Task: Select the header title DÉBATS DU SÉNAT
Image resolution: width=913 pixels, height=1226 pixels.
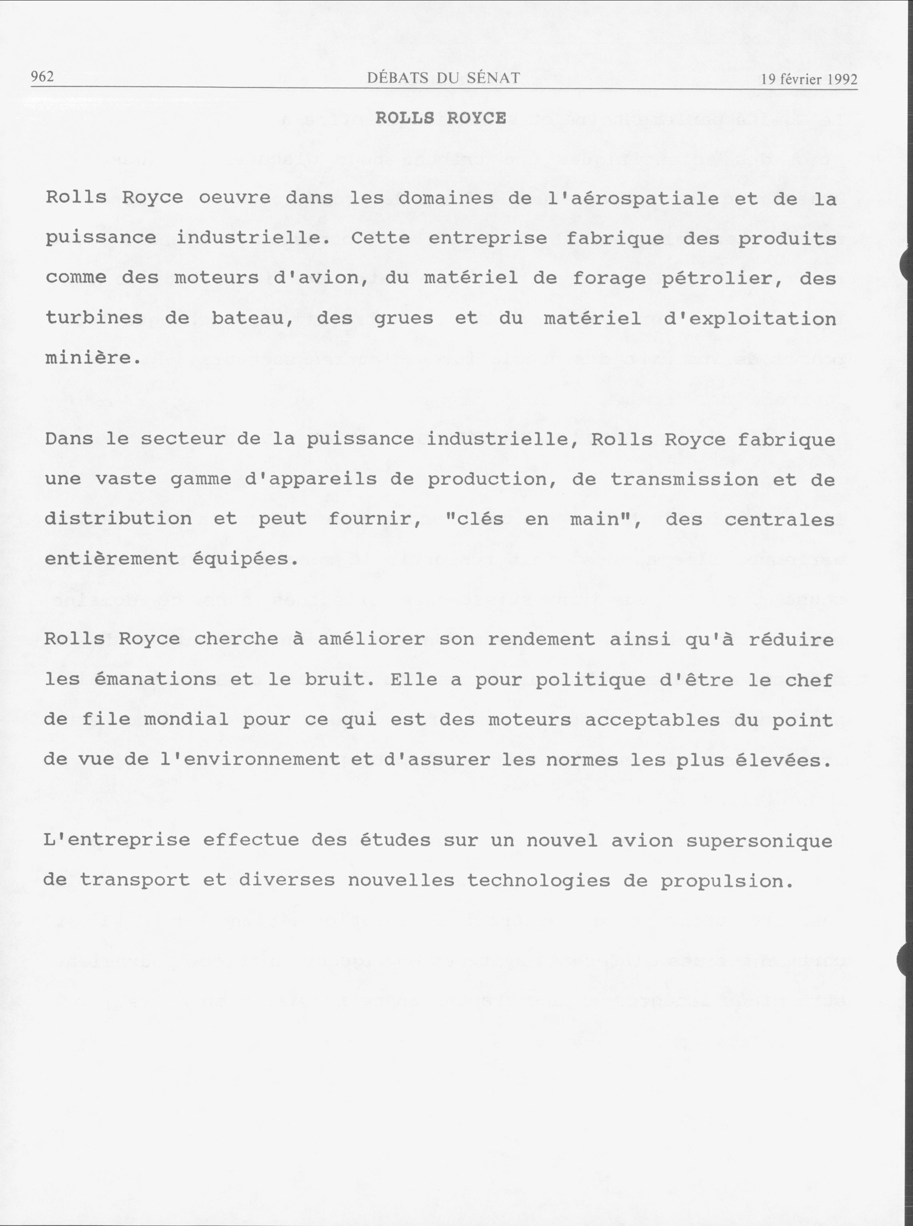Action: pyautogui.click(x=443, y=78)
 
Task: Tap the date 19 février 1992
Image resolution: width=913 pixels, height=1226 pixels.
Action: pyautogui.click(x=809, y=80)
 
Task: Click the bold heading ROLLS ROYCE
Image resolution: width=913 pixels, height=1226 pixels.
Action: pyautogui.click(x=441, y=118)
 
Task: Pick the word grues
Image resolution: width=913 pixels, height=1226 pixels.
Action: pyautogui.click(x=403, y=319)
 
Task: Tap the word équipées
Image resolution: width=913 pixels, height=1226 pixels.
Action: pyautogui.click(x=245, y=559)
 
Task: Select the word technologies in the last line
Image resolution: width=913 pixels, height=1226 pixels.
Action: pyautogui.click(x=538, y=881)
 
